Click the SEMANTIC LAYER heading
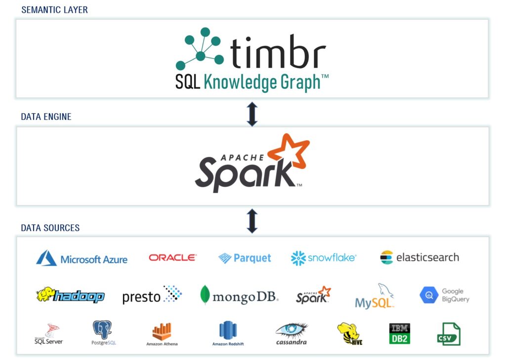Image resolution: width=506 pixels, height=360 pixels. [54, 10]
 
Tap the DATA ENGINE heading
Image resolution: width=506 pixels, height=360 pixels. [46, 117]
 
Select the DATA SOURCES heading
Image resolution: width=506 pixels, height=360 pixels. [50, 228]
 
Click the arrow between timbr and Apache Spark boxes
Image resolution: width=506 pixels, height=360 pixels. [252, 114]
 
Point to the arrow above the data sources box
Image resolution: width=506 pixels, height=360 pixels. [252, 221]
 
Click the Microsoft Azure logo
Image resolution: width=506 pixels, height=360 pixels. [82, 258]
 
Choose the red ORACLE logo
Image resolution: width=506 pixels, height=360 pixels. [172, 257]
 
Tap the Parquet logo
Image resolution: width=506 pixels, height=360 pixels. [245, 258]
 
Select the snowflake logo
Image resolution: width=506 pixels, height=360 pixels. [324, 258]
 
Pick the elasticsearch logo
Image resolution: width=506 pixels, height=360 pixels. [420, 257]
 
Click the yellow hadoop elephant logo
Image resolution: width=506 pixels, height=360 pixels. [70, 295]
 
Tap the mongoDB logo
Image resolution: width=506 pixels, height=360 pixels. [239, 295]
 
